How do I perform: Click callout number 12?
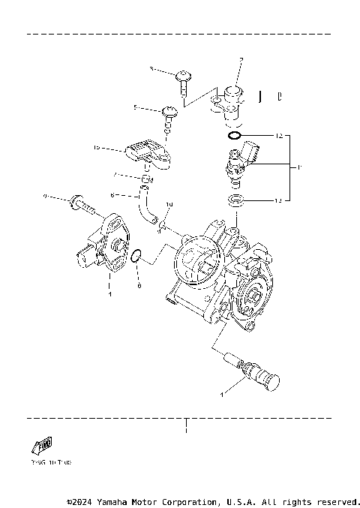point(278,137)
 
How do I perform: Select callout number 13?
point(278,200)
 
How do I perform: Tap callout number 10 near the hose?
point(169,204)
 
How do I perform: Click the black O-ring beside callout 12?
point(234,137)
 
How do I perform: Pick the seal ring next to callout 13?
point(235,200)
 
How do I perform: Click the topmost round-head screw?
point(184,77)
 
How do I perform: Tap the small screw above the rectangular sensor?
point(169,113)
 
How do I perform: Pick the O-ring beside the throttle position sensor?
point(136,257)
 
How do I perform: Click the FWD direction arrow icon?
point(43,447)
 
